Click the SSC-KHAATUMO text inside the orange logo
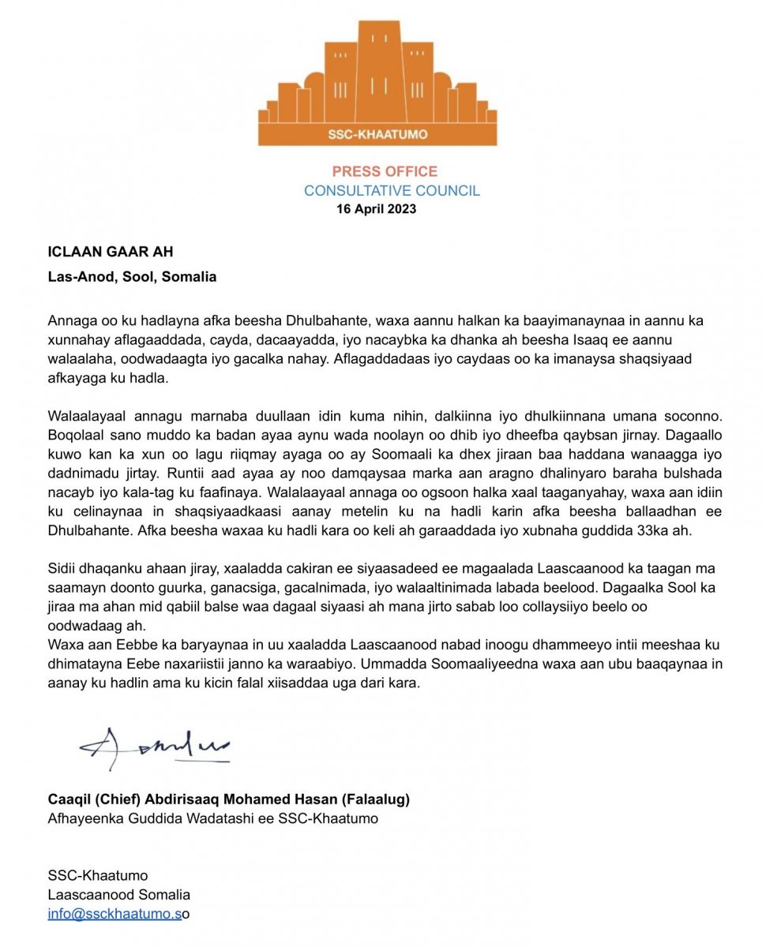pyautogui.click(x=377, y=134)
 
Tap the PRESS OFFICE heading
pyautogui.click(x=385, y=171)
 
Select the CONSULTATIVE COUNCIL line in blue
pyautogui.click(x=392, y=190)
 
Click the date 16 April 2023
pyautogui.click(x=377, y=209)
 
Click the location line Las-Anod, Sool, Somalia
pyautogui.click(x=133, y=277)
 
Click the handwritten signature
pyautogui.click(x=154, y=747)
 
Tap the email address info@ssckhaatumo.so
pyautogui.click(x=119, y=914)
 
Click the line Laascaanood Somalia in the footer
pyautogui.click(x=119, y=895)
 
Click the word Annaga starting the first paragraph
pyautogui.click(x=71, y=322)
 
